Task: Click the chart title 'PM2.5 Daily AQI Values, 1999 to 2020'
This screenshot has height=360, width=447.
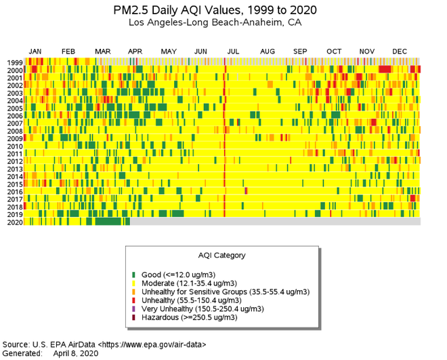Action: click(215, 10)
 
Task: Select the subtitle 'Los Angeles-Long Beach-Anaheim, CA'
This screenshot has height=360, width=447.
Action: click(215, 22)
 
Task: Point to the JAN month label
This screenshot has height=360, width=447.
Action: click(36, 52)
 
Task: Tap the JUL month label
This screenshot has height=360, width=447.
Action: click(233, 52)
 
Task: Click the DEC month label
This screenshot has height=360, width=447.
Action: click(400, 52)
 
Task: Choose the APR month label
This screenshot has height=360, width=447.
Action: click(135, 52)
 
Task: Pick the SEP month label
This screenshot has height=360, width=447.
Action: click(300, 52)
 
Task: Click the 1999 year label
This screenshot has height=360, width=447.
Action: click(15, 63)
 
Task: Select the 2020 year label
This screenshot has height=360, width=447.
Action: click(15, 222)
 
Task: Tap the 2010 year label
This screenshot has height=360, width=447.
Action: click(15, 146)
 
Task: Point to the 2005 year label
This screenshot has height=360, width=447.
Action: click(15, 108)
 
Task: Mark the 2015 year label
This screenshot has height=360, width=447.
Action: click(15, 184)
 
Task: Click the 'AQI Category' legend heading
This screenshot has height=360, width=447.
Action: click(221, 256)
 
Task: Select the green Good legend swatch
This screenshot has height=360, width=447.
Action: click(134, 275)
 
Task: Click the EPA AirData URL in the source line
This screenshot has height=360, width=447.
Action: click(152, 344)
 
